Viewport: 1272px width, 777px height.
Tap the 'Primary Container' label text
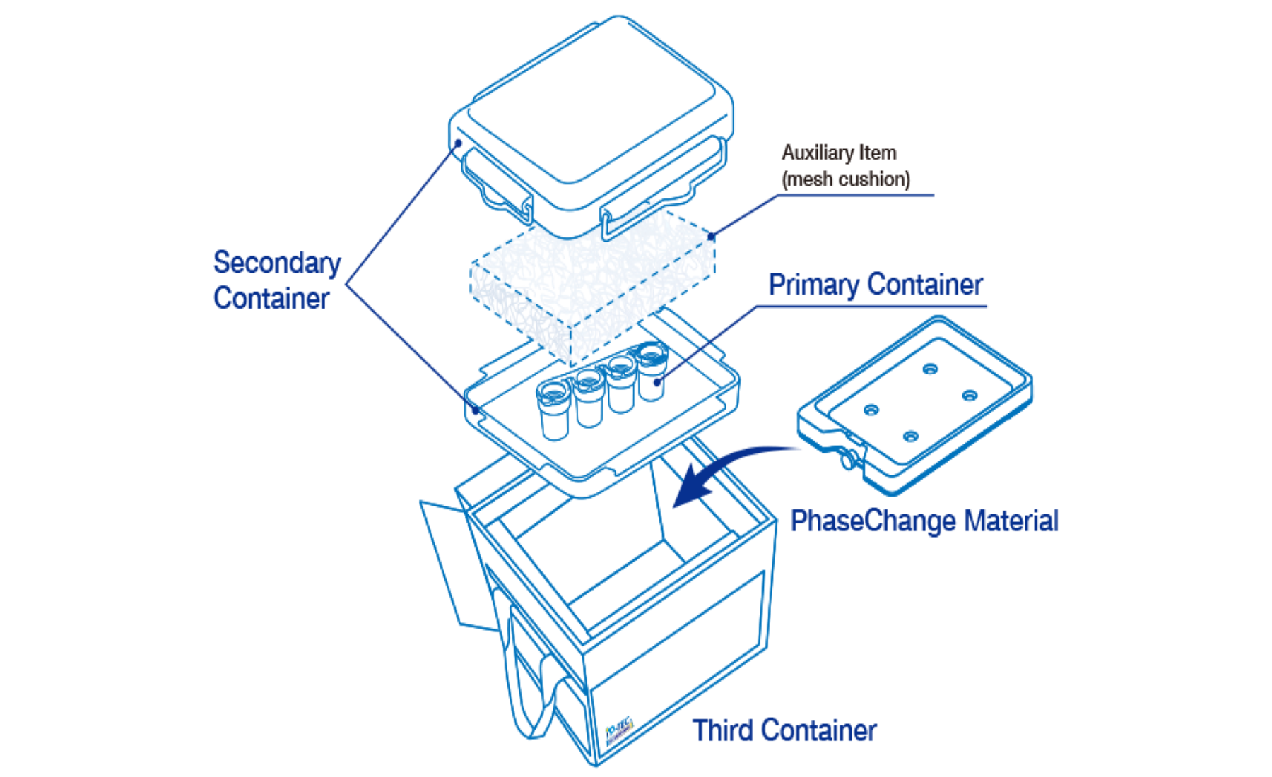click(x=876, y=285)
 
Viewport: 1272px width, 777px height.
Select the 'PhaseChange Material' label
click(x=924, y=521)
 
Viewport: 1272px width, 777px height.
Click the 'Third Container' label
click(x=784, y=730)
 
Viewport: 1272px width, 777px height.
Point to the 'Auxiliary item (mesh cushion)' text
click(x=845, y=166)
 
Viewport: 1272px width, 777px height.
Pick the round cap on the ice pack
click(x=847, y=461)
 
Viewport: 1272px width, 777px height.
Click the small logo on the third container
click(x=619, y=732)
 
